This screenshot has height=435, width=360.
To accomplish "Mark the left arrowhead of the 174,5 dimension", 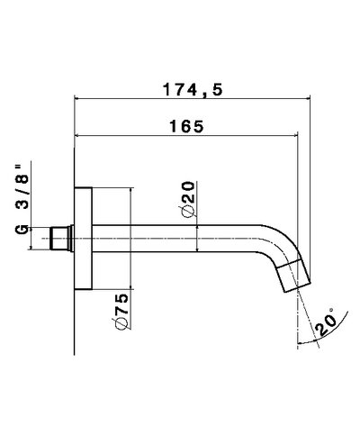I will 78,99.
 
